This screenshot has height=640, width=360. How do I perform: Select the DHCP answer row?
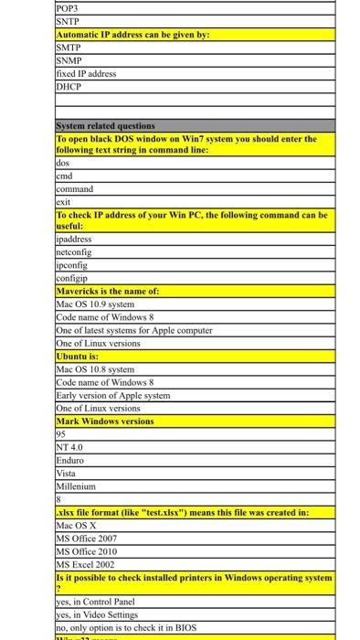click(x=69, y=86)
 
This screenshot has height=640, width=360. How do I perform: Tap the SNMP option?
click(x=69, y=60)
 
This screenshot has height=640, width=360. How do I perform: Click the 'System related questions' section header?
click(x=106, y=126)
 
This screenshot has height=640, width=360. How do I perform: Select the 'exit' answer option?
click(x=63, y=201)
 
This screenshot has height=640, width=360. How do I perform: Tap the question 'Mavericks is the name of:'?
click(x=108, y=290)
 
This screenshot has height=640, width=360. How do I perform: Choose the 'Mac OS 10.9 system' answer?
click(x=95, y=304)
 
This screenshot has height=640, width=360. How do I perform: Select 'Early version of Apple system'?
click(x=113, y=395)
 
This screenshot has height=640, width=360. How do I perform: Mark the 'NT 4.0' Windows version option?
click(x=69, y=447)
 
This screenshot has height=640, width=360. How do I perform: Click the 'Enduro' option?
click(x=69, y=460)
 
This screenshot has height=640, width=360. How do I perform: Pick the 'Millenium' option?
click(x=76, y=486)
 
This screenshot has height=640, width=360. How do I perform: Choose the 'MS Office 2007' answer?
click(x=87, y=539)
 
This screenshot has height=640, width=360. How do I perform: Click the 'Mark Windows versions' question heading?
click(x=105, y=421)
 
